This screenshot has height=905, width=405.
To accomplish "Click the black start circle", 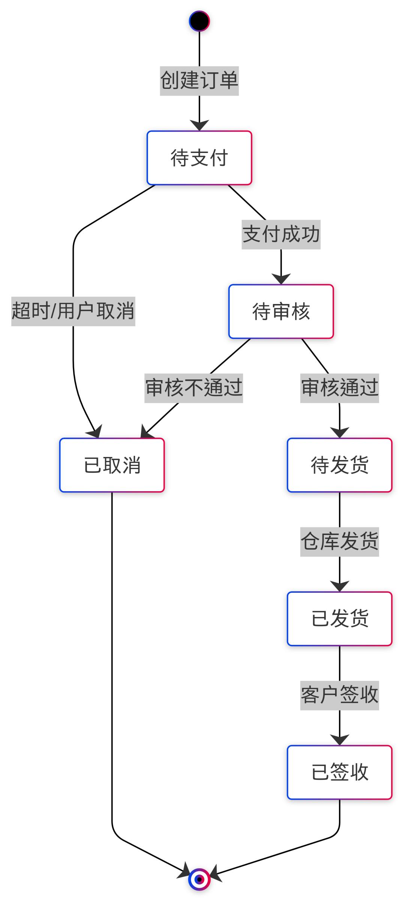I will point(199,21).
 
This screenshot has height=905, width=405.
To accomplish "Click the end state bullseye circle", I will point(199,879).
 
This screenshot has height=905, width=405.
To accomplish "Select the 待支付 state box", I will point(199,158).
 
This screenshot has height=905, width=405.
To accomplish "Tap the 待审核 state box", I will point(281,312).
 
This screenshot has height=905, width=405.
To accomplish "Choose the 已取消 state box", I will point(112,465).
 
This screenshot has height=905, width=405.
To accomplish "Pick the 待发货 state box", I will point(339,465).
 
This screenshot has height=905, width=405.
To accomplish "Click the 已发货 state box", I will point(339,619).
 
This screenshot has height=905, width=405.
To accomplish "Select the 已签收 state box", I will point(339,772).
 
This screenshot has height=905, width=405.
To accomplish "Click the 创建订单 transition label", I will point(199,81).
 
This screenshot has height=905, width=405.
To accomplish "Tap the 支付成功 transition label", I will point(281,235).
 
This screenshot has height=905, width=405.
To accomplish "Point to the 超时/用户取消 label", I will point(73,312).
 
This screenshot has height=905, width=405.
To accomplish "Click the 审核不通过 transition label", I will point(193,388).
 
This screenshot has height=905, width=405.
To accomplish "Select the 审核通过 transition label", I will point(339,388).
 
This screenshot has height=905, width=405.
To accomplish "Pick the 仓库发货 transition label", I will point(339,542).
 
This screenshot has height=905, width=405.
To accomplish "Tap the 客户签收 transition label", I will point(339,695).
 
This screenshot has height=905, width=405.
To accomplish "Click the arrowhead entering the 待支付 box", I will point(199,126).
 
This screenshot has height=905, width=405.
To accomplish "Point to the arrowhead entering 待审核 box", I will point(281,279).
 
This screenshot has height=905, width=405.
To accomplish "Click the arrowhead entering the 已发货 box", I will point(339,587).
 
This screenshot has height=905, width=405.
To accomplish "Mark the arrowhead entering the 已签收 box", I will point(339,740).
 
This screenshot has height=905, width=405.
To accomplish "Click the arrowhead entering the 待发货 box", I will point(339,433).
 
